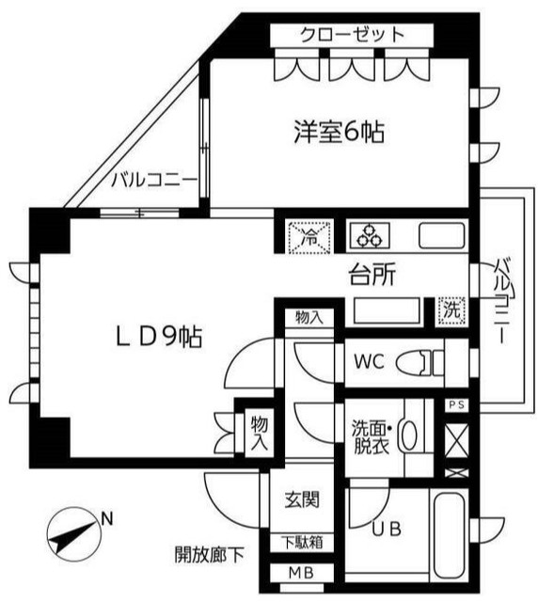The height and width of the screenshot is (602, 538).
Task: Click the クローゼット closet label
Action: [353, 35]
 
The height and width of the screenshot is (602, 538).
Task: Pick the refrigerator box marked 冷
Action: [309, 236]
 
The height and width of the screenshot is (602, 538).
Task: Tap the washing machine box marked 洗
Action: [451, 309]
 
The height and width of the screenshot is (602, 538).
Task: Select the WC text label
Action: [368, 359]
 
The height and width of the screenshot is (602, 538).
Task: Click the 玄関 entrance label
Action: [301, 499]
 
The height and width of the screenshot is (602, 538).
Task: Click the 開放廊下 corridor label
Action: [209, 554]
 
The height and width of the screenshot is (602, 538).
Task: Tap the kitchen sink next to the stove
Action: [440, 235]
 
